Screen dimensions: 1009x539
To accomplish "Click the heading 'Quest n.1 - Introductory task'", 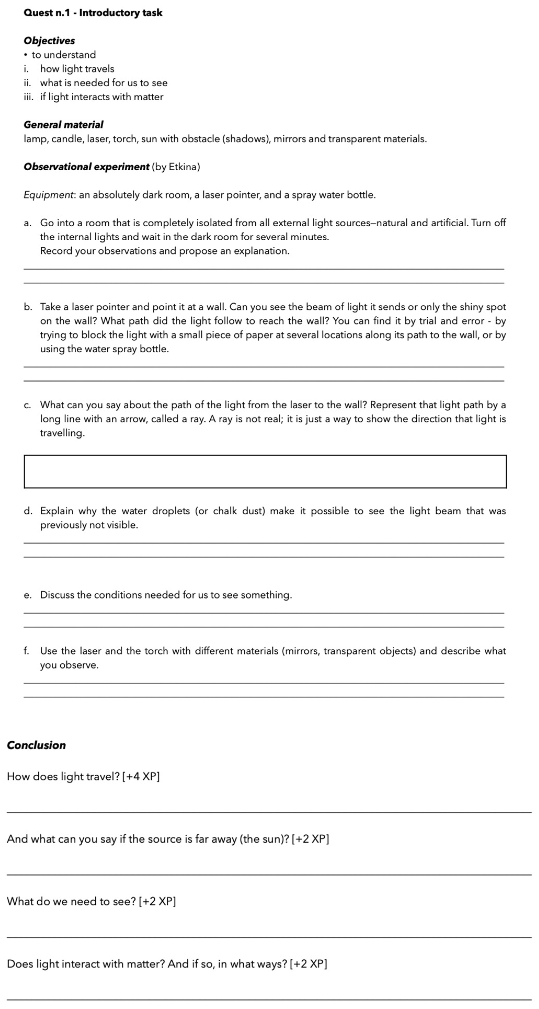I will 93,13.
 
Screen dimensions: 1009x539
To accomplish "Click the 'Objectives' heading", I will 49,41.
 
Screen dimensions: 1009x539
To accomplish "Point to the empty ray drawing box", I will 265,471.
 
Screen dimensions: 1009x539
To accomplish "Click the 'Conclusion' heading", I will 36,745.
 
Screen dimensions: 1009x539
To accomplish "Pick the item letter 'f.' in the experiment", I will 26,651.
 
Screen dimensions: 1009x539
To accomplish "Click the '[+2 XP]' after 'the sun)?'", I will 310,839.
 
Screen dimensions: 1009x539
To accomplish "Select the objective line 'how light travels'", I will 77,69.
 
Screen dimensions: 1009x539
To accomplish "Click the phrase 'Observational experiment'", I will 86,167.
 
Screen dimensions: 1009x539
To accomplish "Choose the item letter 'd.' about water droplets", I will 27,511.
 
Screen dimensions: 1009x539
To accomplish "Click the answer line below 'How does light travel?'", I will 269,812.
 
